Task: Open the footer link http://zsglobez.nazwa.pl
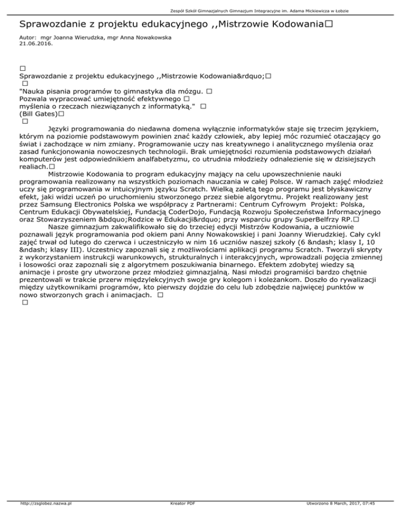coord(46,519)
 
